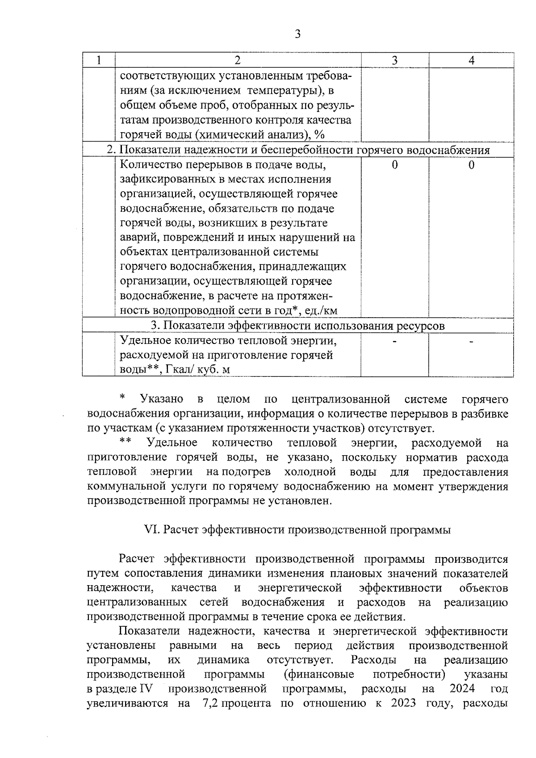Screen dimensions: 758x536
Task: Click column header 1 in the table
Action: (x=98, y=61)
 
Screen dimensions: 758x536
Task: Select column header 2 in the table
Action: (x=238, y=61)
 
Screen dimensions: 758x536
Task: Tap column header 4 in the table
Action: (x=471, y=61)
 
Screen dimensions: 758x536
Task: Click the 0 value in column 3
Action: (x=394, y=165)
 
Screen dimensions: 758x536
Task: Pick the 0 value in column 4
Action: (x=471, y=165)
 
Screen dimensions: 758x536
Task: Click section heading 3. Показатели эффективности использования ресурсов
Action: (x=297, y=326)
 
